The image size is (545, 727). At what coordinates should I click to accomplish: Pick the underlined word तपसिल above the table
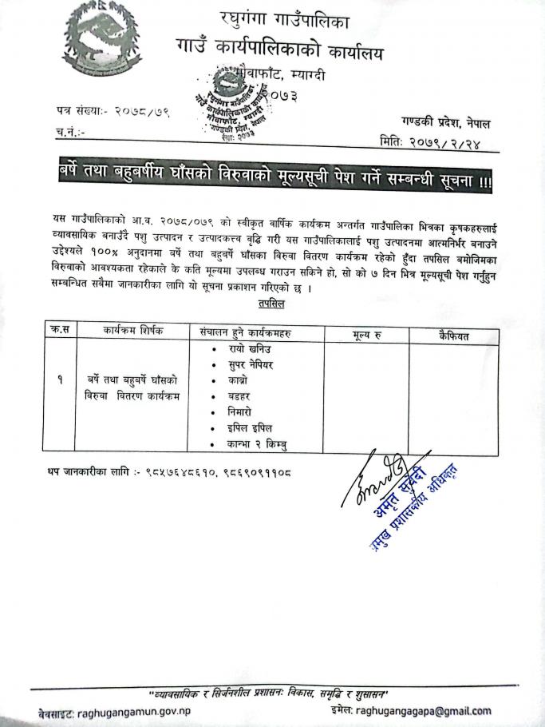[x=272, y=304]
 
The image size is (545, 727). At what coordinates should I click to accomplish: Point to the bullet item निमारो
[x=242, y=412]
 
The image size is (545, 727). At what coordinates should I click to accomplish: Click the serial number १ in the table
[x=60, y=382]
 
